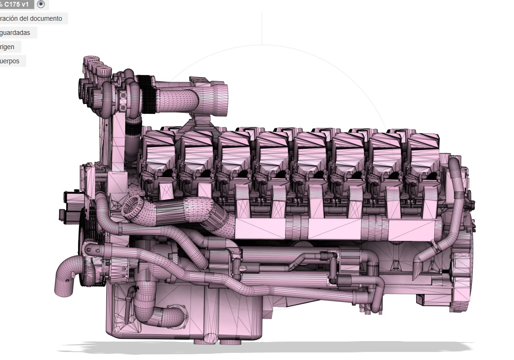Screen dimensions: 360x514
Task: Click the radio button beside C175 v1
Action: (41, 4)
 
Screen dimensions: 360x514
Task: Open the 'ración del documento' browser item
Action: (31, 19)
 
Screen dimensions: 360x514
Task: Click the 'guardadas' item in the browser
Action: (16, 33)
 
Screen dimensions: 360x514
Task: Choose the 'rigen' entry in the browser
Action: (8, 47)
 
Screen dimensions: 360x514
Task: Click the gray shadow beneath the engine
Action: (265, 347)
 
